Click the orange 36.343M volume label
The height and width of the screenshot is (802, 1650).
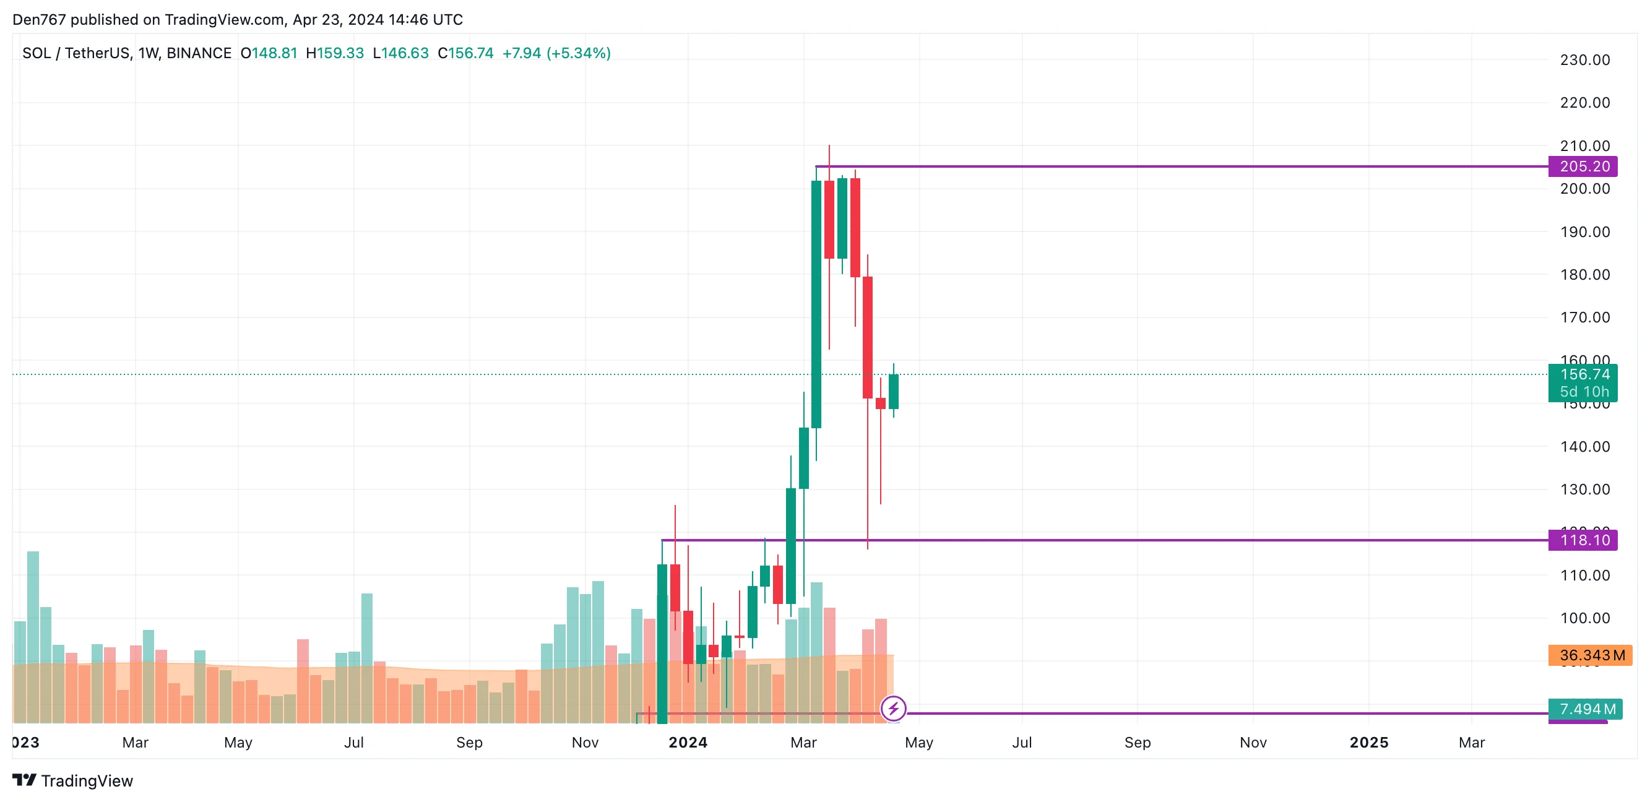point(1590,655)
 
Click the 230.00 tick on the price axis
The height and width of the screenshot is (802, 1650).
point(1584,60)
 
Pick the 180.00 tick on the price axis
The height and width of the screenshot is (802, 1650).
point(1584,275)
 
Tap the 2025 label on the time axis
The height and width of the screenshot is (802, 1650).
point(1369,743)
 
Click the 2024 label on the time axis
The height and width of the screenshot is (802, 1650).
point(688,743)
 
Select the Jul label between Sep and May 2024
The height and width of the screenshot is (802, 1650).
point(1022,743)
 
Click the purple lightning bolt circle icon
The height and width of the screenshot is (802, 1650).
point(893,709)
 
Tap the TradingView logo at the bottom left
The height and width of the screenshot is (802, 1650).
point(73,781)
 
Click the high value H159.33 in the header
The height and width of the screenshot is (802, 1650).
point(334,53)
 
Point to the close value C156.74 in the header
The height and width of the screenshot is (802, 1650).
point(465,53)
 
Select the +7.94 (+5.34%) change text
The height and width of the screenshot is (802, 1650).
point(556,53)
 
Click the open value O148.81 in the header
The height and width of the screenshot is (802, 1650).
point(269,53)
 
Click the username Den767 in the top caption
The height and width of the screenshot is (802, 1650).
point(39,20)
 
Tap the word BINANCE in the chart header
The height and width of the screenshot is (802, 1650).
point(199,53)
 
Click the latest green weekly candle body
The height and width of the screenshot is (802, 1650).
point(894,391)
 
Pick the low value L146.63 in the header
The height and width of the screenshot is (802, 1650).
point(400,53)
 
